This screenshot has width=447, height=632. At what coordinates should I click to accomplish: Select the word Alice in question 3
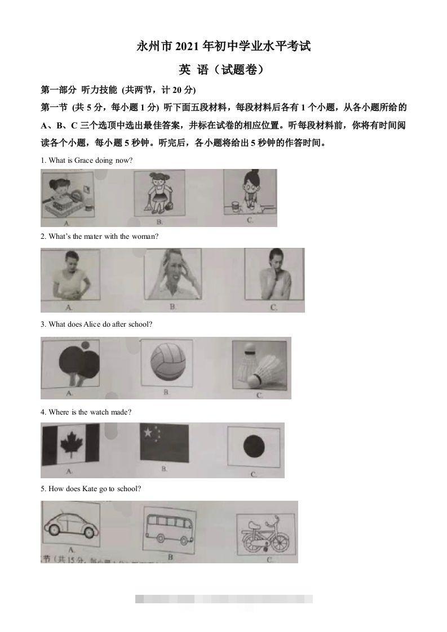tap(92, 324)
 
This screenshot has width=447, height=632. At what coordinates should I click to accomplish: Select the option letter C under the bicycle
tap(269, 560)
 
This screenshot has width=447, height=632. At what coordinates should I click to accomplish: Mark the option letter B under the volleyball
tap(167, 392)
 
